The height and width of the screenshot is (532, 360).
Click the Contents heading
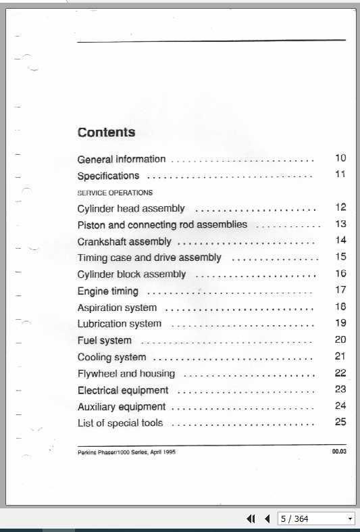(106, 132)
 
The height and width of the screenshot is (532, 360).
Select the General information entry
(122, 160)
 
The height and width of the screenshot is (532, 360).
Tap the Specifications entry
(108, 176)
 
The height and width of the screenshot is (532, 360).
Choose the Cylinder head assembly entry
(131, 209)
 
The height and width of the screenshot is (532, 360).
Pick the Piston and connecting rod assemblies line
(162, 224)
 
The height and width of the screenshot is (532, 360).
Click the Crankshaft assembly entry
(124, 241)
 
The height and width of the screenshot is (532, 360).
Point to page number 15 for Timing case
(340, 257)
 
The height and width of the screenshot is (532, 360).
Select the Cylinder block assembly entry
(132, 274)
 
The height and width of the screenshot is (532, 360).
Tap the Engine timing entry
(108, 291)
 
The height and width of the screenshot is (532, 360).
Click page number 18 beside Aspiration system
(340, 307)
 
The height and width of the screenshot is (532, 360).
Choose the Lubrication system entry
(120, 324)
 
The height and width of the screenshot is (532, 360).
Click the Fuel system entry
(105, 341)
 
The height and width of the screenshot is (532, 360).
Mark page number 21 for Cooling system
(340, 356)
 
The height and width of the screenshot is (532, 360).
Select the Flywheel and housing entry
(126, 373)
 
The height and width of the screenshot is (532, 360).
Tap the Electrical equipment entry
(123, 390)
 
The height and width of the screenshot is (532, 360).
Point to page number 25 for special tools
(340, 422)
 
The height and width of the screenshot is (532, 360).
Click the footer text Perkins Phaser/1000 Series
(126, 453)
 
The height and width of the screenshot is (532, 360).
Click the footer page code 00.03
(339, 452)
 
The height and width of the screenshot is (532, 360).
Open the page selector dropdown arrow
(350, 519)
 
